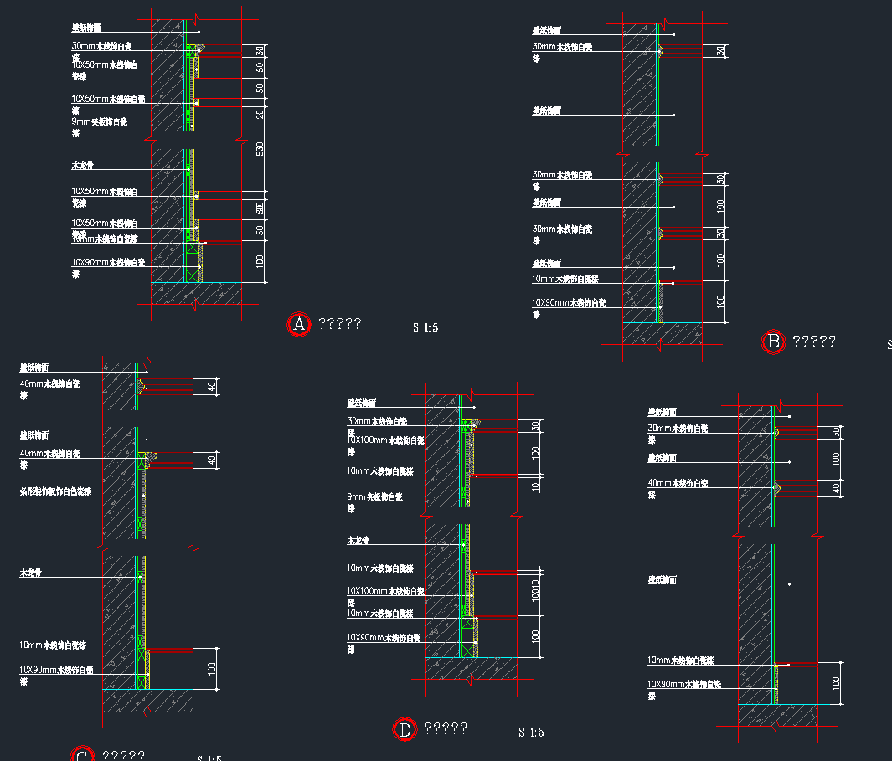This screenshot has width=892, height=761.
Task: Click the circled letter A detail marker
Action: click(299, 325)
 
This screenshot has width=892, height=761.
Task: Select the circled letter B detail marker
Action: click(773, 342)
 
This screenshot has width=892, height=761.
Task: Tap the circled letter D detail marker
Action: click(405, 730)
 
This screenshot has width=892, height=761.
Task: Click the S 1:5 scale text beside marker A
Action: click(425, 327)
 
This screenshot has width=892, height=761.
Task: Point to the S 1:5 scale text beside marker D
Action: click(531, 733)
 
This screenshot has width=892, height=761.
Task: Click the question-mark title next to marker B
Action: click(814, 342)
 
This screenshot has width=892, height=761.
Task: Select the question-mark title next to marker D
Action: click(446, 729)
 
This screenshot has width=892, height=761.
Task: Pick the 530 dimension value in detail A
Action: click(260, 148)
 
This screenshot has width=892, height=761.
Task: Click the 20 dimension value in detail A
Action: click(260, 113)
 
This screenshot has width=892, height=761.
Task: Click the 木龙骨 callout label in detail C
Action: click(31, 573)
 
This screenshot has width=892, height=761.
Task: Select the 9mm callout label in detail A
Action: click(99, 122)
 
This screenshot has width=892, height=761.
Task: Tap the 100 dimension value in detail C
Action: click(213, 668)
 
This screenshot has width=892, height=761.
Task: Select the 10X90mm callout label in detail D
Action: click(384, 638)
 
